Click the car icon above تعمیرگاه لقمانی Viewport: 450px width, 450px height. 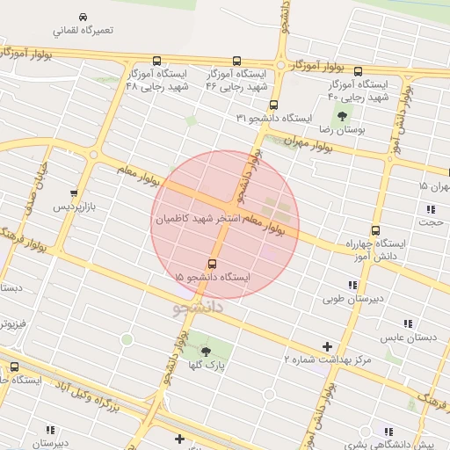[83, 18]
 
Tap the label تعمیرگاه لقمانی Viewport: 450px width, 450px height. [83, 31]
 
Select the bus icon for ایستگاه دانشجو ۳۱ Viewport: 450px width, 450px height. [273, 105]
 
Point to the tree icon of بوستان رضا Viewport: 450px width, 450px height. [341, 115]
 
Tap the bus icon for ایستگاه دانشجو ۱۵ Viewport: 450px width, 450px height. [212, 264]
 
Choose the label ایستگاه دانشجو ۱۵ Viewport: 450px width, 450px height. [212, 277]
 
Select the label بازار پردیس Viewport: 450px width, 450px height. [73, 207]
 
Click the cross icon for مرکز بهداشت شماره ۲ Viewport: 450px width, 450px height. [328, 347]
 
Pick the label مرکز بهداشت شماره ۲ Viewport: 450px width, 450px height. [328, 359]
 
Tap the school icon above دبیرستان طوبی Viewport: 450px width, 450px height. [352, 285]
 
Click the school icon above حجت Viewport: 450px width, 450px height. [431, 209]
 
